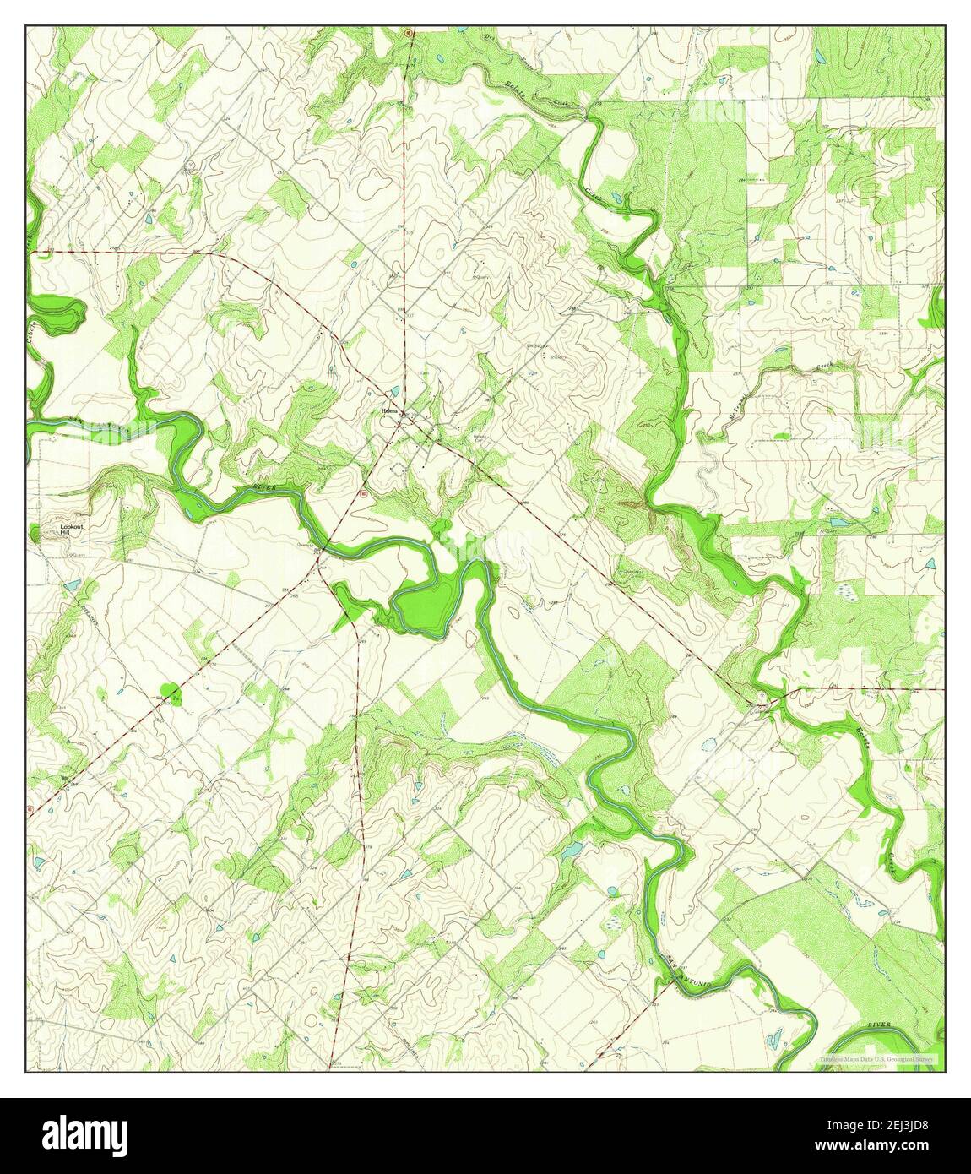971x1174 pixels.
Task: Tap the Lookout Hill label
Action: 71,530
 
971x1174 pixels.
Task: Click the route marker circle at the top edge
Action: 408,33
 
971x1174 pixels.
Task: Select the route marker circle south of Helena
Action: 363,492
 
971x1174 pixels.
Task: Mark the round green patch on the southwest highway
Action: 172,694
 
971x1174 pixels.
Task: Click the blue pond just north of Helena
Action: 396,390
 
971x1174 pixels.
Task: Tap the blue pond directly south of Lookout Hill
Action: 71,584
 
